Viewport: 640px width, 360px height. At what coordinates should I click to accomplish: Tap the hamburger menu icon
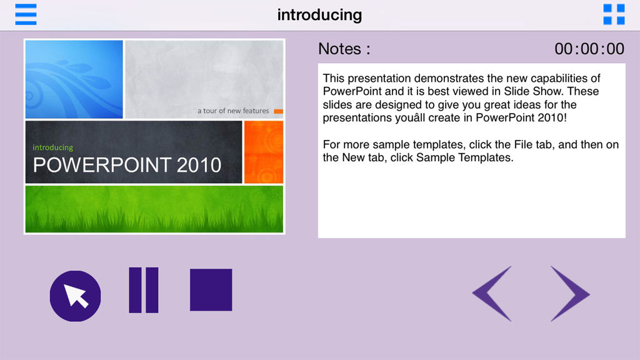[26, 14]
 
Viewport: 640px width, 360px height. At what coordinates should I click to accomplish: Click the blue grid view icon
[614, 14]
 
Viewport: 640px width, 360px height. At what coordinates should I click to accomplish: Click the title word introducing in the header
[319, 15]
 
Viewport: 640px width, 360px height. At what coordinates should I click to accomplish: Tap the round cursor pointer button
[75, 296]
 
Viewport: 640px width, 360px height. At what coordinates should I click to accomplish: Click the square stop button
[211, 290]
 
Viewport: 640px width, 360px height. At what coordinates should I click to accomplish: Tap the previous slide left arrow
[492, 294]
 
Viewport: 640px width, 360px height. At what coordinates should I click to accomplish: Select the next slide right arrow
[570, 294]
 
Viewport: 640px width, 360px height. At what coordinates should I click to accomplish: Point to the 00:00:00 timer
[589, 49]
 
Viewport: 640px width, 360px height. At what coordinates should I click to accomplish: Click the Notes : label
[344, 49]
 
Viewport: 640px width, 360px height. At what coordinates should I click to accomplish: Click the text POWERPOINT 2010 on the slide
[127, 165]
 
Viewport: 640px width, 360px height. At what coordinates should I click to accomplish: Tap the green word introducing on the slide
[52, 147]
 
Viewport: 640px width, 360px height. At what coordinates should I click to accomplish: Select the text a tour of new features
[233, 111]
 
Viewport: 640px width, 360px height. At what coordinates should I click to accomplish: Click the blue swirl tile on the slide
[74, 79]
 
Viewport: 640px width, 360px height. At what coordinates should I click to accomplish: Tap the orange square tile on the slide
[264, 152]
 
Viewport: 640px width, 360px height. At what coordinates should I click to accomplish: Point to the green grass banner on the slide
[154, 209]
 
